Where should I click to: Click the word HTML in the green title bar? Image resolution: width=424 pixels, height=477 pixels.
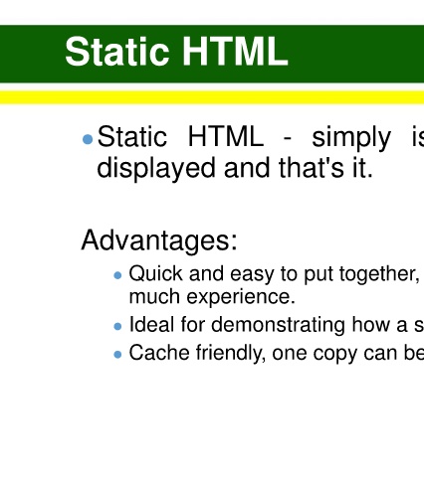(235, 52)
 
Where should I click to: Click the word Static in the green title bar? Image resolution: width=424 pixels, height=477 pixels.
(117, 52)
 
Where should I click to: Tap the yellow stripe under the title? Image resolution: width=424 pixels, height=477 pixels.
(212, 97)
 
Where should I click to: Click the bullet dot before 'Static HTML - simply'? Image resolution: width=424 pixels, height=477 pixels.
(88, 139)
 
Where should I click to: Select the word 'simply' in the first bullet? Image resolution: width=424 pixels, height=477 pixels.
(351, 138)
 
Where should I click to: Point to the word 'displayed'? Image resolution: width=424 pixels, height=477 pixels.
(156, 169)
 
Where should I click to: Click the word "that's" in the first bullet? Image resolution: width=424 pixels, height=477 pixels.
(312, 168)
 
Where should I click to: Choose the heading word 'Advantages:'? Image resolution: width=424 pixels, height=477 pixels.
(159, 240)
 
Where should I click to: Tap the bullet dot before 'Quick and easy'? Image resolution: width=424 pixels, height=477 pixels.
(117, 275)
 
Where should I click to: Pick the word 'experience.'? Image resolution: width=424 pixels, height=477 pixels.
(241, 297)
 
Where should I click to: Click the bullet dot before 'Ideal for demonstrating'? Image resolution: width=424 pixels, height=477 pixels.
(117, 327)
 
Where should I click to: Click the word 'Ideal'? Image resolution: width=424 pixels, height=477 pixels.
(151, 324)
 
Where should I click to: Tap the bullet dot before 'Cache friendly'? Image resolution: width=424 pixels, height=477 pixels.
(117, 355)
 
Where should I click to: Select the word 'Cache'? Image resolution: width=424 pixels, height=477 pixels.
(159, 353)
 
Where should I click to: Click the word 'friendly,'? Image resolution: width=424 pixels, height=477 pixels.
(231, 354)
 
